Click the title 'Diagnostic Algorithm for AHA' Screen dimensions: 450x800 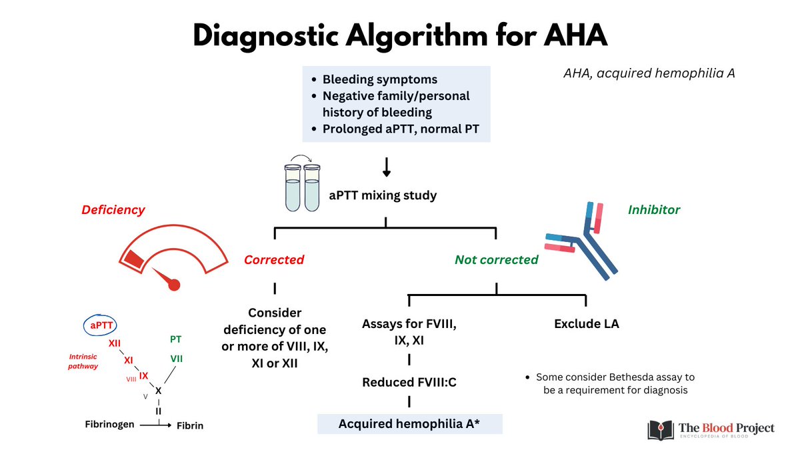tap(400, 35)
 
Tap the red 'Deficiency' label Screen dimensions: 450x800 tap(113, 209)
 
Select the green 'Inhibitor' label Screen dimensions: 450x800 tap(653, 209)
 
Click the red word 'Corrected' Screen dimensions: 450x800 tap(273, 259)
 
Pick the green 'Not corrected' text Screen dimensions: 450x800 tap(496, 259)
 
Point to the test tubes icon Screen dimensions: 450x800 tap(302, 185)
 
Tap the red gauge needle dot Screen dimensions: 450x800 tap(174, 285)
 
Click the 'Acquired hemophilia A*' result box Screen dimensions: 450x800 tap(409, 424)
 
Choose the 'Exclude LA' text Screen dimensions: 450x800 tap(586, 324)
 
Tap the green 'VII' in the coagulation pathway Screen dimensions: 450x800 tap(176, 359)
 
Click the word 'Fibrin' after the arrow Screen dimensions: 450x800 tap(189, 425)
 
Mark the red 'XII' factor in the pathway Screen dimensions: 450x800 tap(114, 343)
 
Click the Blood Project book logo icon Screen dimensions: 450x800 tap(658, 429)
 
